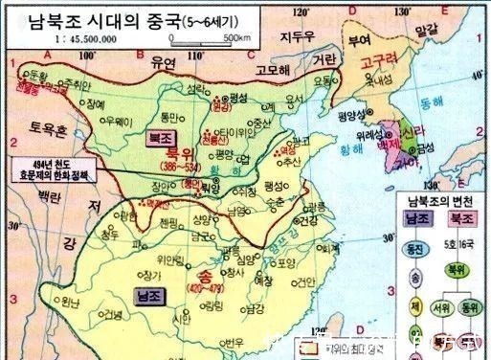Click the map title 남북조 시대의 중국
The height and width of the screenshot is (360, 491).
click(x=147, y=19)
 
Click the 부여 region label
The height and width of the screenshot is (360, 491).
click(x=359, y=40)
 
